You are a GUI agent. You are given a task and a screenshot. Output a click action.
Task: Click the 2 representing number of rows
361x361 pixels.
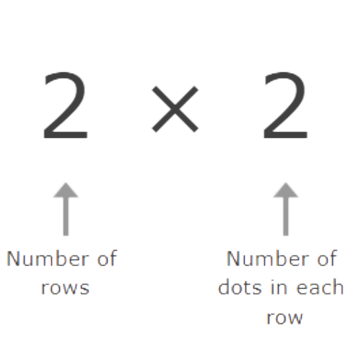click(66, 105)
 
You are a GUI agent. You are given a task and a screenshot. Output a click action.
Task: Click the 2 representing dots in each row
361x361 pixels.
click(285, 105)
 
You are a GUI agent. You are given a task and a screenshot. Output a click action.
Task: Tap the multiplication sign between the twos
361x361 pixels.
click(175, 109)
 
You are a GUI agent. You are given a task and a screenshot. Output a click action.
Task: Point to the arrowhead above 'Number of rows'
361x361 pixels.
click(66, 190)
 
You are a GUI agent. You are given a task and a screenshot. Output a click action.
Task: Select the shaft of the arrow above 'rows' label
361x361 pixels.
click(66, 217)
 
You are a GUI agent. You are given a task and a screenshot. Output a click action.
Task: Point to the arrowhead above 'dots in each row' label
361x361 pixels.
click(286, 190)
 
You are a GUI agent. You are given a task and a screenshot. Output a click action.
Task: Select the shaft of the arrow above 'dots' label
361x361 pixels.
click(286, 217)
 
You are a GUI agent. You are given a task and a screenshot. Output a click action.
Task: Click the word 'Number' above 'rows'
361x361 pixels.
click(48, 258)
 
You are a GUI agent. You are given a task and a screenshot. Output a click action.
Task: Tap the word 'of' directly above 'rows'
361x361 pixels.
click(108, 258)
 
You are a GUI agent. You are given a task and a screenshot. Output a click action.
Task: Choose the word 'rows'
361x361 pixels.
click(65, 288)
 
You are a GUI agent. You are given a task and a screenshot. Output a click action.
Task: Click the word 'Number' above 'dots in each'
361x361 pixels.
click(268, 258)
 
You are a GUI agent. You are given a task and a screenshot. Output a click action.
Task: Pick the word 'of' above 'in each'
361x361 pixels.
click(327, 258)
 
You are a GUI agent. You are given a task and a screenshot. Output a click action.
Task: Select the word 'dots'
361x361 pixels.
click(240, 287)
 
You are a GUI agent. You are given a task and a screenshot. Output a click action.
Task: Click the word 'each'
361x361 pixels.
click(320, 287)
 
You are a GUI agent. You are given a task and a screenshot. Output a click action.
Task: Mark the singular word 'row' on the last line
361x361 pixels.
click(284, 318)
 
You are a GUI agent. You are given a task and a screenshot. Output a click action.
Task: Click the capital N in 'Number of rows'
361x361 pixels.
click(13, 258)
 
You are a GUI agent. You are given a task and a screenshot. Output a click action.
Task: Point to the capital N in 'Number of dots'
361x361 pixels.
click(233, 258)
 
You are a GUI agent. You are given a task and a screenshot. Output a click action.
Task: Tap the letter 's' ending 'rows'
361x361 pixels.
click(84, 288)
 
